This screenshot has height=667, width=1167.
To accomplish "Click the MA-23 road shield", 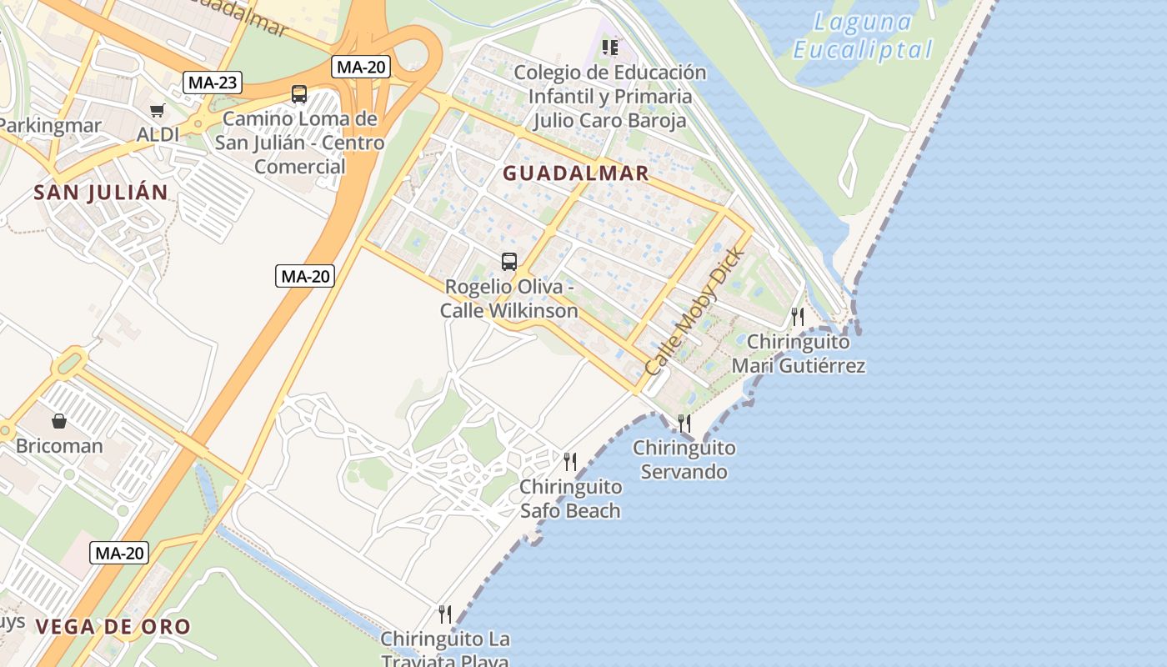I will [x=213, y=83].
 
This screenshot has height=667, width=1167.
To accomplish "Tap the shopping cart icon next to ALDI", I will [x=157, y=110].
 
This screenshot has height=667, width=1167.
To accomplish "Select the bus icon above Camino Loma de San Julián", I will [x=299, y=94].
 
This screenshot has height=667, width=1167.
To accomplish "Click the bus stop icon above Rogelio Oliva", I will [x=508, y=262].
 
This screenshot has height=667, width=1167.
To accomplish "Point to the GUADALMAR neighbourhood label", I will [x=575, y=173].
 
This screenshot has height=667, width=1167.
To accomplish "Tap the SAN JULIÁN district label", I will [x=101, y=193].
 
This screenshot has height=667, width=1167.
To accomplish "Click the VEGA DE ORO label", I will [x=113, y=627].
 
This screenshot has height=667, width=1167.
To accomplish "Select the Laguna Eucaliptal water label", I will [x=863, y=36].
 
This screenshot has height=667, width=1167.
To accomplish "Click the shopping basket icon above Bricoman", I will [x=59, y=421].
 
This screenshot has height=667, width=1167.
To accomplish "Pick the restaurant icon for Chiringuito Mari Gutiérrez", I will [x=798, y=316].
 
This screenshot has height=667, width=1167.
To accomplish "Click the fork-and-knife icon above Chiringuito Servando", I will [x=684, y=423].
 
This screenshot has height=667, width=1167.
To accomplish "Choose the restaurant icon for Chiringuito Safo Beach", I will [x=570, y=461].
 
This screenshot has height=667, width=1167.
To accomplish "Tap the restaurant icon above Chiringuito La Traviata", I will [x=445, y=614].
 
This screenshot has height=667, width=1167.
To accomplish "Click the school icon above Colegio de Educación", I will [x=610, y=47].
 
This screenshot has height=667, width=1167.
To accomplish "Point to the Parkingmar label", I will [x=50, y=126].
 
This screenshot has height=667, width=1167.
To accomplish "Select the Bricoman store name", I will [x=59, y=446].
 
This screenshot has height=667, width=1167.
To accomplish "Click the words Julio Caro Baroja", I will [x=609, y=120].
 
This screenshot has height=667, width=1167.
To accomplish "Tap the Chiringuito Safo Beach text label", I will [x=570, y=499].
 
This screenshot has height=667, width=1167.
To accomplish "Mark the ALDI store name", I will [x=158, y=134].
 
